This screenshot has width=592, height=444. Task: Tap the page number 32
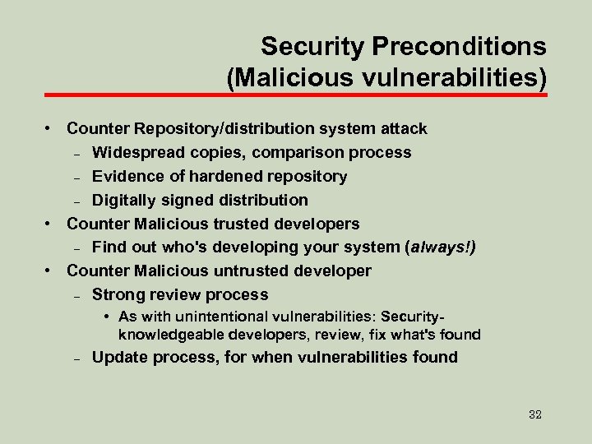[534, 414]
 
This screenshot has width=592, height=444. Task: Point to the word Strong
[116, 294]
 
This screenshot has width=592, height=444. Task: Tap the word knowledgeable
[172, 335]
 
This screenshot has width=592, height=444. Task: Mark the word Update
[118, 357]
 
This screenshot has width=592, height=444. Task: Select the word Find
[107, 247]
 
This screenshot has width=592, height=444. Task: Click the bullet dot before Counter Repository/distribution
[50, 129]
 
